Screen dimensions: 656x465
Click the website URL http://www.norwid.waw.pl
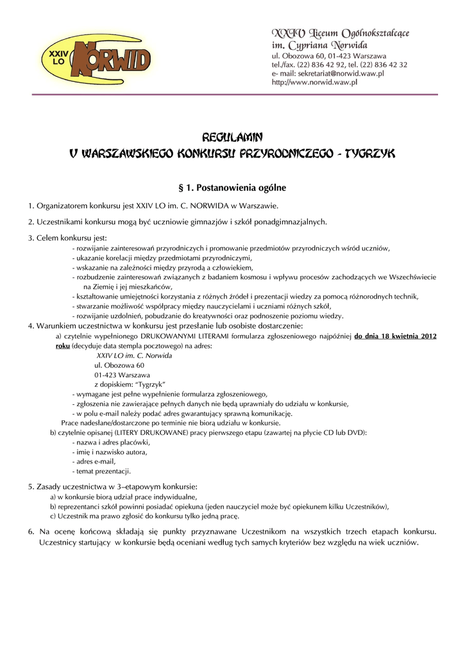click(x=314, y=83)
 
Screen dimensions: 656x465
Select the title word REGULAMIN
click(x=232, y=137)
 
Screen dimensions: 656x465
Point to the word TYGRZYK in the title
click(x=370, y=154)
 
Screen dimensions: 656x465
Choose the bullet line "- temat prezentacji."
click(x=101, y=471)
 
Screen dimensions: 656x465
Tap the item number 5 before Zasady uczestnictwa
click(x=31, y=487)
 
